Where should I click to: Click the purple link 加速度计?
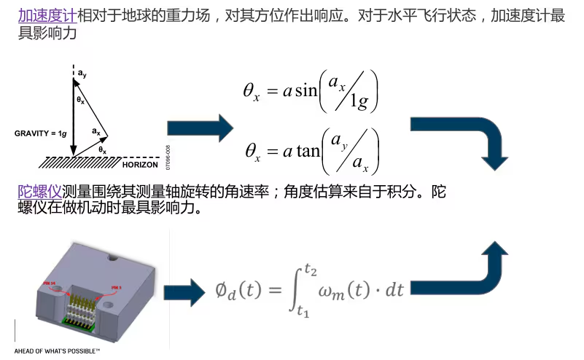pyautogui.click(x=47, y=16)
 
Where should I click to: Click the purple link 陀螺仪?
pyautogui.click(x=40, y=192)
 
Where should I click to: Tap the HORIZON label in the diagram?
pyautogui.click(x=141, y=165)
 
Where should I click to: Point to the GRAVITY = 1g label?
pyautogui.click(x=40, y=133)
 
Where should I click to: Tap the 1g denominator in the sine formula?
pyautogui.click(x=358, y=103)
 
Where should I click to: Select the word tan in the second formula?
pyautogui.click(x=308, y=152)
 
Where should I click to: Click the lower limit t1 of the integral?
pyautogui.click(x=303, y=311)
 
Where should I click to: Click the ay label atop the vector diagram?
pyautogui.click(x=82, y=74)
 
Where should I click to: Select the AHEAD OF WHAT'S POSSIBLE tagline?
pyautogui.click(x=57, y=351)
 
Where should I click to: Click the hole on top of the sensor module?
pyautogui.click(x=111, y=257)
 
